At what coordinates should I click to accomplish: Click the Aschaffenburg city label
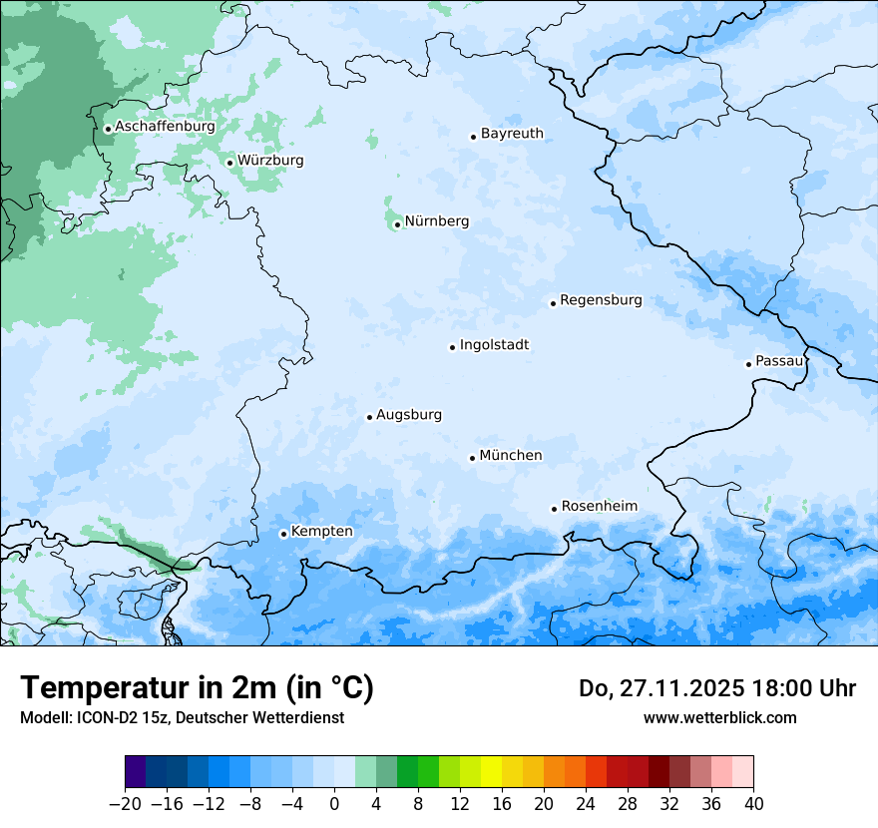[165, 127]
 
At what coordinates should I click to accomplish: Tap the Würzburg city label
[270, 161]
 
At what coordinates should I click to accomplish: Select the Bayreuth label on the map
[512, 134]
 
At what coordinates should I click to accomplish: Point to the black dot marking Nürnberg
[397, 224]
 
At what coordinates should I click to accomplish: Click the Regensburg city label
[601, 300]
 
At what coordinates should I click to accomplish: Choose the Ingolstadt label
[494, 345]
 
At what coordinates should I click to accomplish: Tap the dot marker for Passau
[748, 364]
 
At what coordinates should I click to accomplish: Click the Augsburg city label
[408, 415]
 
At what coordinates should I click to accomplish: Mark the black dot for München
[472, 458]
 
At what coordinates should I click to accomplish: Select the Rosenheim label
[599, 507]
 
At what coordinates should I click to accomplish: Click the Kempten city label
[321, 532]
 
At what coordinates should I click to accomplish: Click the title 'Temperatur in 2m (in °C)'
[197, 688]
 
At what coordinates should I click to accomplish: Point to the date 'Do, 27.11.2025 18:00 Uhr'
[717, 688]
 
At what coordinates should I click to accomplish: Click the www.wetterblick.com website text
[719, 717]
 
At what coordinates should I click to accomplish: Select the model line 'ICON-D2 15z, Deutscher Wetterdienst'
[182, 717]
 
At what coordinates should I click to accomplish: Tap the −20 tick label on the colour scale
[125, 804]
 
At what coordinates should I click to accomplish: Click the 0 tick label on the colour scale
[334, 804]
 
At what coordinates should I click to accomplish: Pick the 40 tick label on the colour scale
[753, 804]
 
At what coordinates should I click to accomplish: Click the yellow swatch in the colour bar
[491, 772]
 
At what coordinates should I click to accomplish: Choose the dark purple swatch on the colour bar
[136, 772]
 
